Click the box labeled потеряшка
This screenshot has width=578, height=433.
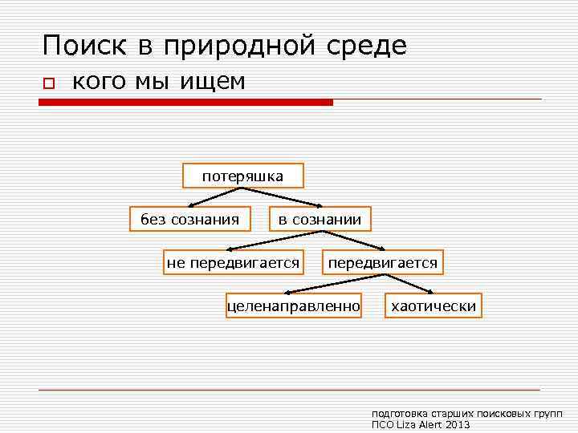[x=242, y=176]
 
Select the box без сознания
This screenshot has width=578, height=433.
[x=189, y=219]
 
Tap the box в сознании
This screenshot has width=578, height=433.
[x=320, y=219]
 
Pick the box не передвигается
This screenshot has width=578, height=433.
[x=233, y=262]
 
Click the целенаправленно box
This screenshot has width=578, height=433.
[x=294, y=306]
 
